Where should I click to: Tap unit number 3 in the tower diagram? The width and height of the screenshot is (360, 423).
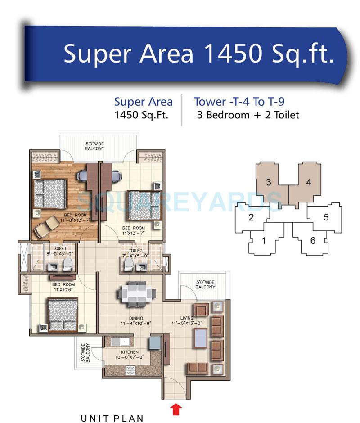(x=268, y=182)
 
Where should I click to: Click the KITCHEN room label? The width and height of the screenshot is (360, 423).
(x=129, y=352)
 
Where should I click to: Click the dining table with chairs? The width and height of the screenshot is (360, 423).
(x=137, y=295)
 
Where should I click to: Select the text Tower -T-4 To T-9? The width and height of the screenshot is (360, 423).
(x=239, y=102)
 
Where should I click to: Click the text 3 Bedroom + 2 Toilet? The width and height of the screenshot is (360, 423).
(x=248, y=115)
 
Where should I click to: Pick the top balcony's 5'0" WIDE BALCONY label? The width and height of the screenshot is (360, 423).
(x=95, y=146)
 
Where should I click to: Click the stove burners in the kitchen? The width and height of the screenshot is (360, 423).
(x=130, y=371)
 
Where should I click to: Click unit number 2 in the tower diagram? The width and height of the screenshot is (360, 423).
(x=252, y=218)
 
